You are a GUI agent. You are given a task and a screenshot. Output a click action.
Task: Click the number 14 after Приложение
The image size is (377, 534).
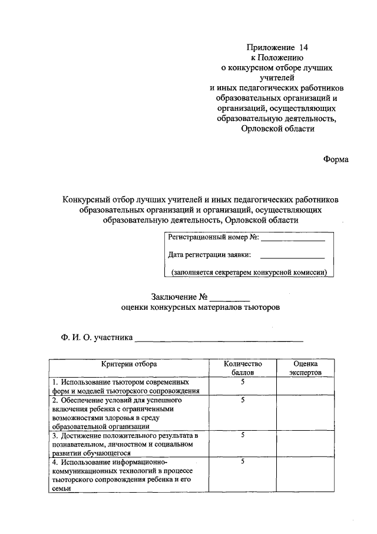click(x=303, y=47)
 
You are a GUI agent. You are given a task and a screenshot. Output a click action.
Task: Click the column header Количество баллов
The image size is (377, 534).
click(x=242, y=369)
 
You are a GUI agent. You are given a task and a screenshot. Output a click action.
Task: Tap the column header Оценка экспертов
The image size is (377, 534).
click(x=305, y=369)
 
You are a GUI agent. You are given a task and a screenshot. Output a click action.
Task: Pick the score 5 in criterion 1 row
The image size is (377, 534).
click(x=242, y=382)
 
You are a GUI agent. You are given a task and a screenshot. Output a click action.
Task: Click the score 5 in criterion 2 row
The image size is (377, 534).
click(x=242, y=399)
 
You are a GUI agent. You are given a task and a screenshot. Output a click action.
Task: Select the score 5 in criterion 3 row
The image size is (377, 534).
click(x=242, y=435)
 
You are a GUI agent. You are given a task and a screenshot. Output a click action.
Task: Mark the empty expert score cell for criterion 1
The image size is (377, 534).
click(x=305, y=386)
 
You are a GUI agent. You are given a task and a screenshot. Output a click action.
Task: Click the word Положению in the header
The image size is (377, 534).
click(x=277, y=57)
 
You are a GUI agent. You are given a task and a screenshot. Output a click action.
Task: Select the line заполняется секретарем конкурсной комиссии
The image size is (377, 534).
click(x=249, y=273)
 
